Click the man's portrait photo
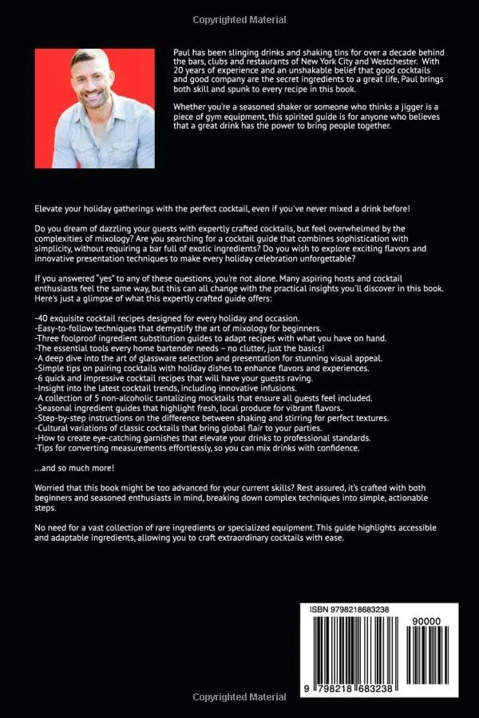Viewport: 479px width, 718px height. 95,108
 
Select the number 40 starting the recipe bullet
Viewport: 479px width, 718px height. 45,318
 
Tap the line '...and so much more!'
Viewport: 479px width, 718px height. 74,467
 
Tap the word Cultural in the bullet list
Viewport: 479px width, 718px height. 56,427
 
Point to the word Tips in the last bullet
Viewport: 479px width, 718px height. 47,448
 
